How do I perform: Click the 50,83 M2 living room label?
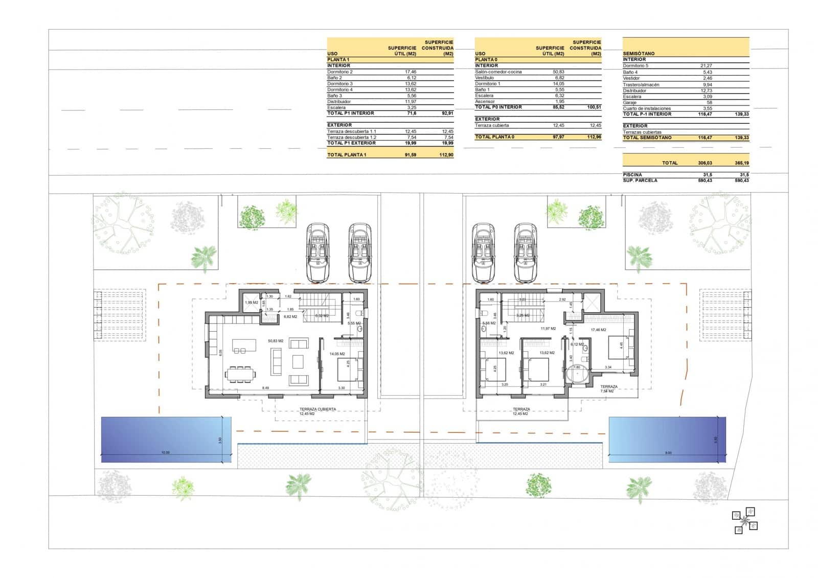(x=276, y=341)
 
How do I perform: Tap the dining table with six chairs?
(x=240, y=374)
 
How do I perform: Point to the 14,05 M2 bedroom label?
(x=337, y=354)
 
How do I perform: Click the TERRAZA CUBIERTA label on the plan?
(x=317, y=409)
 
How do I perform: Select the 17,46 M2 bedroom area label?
(x=598, y=330)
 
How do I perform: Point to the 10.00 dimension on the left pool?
(x=165, y=453)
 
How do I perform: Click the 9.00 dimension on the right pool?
(x=668, y=453)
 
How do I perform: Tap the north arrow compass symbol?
(x=745, y=521)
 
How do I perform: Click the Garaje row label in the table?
(x=630, y=103)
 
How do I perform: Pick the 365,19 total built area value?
(x=741, y=163)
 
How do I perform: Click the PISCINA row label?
(x=632, y=175)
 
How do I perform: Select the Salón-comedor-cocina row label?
(x=498, y=72)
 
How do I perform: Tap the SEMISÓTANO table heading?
(x=639, y=54)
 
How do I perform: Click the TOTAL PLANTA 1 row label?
(x=347, y=155)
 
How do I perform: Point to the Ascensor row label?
(x=485, y=102)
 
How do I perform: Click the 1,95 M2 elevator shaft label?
(x=251, y=303)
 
